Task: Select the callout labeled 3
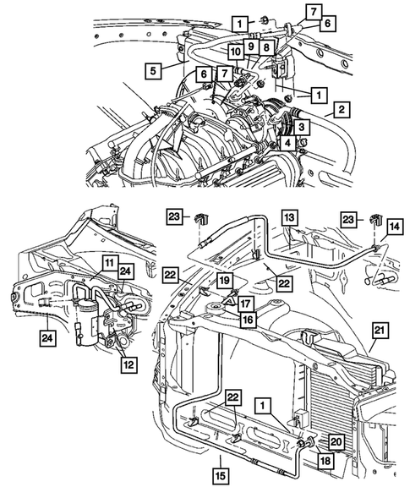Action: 302,127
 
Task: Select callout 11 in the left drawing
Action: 108,264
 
